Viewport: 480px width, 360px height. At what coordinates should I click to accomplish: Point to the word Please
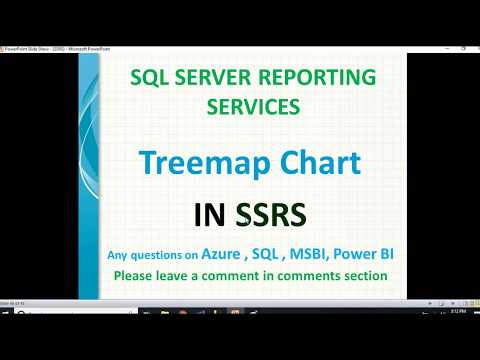pyautogui.click(x=136, y=276)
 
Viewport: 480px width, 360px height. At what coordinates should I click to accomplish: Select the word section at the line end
pyautogui.click(x=363, y=276)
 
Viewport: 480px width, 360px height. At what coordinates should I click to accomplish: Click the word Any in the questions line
pyautogui.click(x=119, y=256)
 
